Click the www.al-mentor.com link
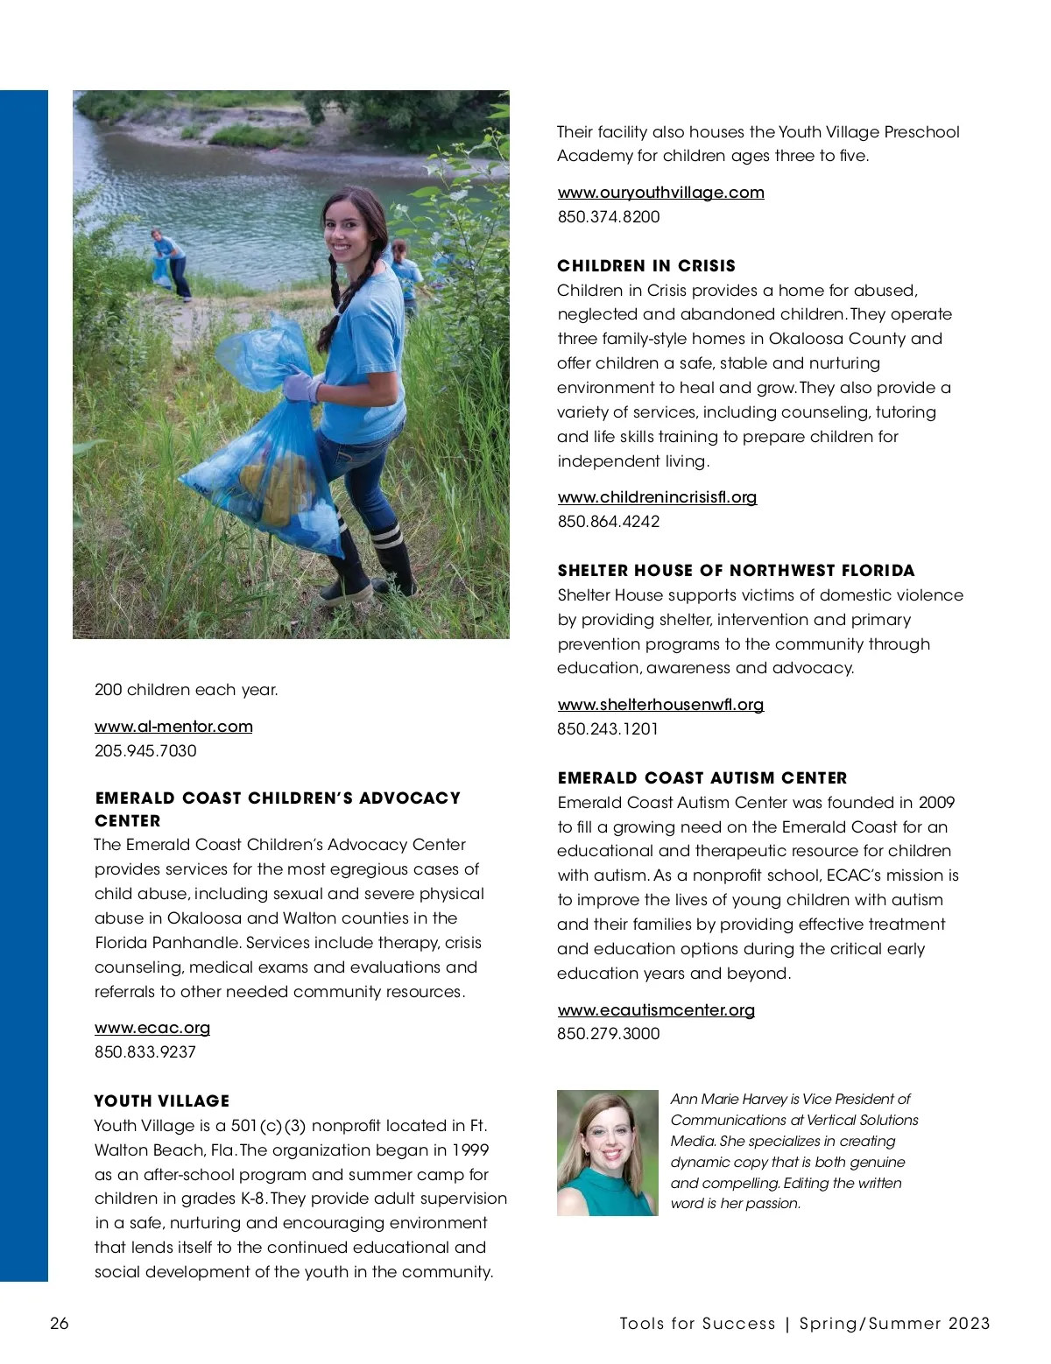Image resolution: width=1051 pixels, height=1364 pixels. coord(173,727)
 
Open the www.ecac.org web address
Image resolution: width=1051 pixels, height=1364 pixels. coord(152,1028)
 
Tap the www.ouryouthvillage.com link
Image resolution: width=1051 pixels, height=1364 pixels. coord(660,193)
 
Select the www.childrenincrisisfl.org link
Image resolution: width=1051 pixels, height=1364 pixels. coord(657,497)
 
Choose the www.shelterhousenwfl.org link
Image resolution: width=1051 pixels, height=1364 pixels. coord(660,705)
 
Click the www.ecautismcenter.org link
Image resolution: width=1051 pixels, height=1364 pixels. coord(656,1009)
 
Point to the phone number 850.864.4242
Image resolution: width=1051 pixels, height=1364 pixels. coord(609,522)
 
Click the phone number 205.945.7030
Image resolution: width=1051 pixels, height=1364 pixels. coord(145,751)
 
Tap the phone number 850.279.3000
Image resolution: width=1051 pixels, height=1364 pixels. coord(609,1034)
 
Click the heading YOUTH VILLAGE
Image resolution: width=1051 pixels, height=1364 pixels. coord(162,1101)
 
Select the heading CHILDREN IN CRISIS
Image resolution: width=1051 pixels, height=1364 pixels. coord(646,266)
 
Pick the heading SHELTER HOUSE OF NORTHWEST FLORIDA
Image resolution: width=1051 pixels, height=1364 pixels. coord(736,571)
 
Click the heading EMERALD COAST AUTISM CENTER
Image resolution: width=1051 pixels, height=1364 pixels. coord(702,778)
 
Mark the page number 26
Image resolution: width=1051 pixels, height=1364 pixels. coord(59,1323)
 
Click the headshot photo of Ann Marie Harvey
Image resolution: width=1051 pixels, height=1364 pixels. coord(607,1152)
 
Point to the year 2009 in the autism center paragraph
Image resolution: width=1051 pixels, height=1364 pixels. coord(936,803)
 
